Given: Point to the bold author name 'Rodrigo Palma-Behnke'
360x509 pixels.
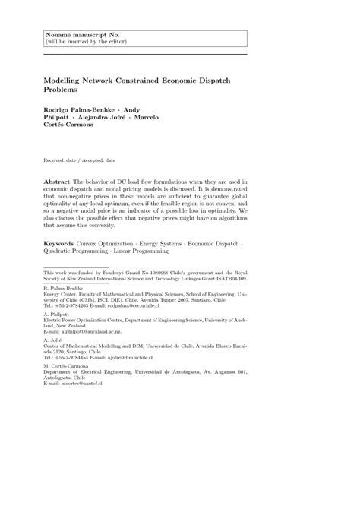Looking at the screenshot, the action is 78,109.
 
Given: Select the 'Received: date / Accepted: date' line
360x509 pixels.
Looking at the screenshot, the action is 80,161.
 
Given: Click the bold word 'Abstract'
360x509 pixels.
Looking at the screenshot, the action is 58,183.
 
